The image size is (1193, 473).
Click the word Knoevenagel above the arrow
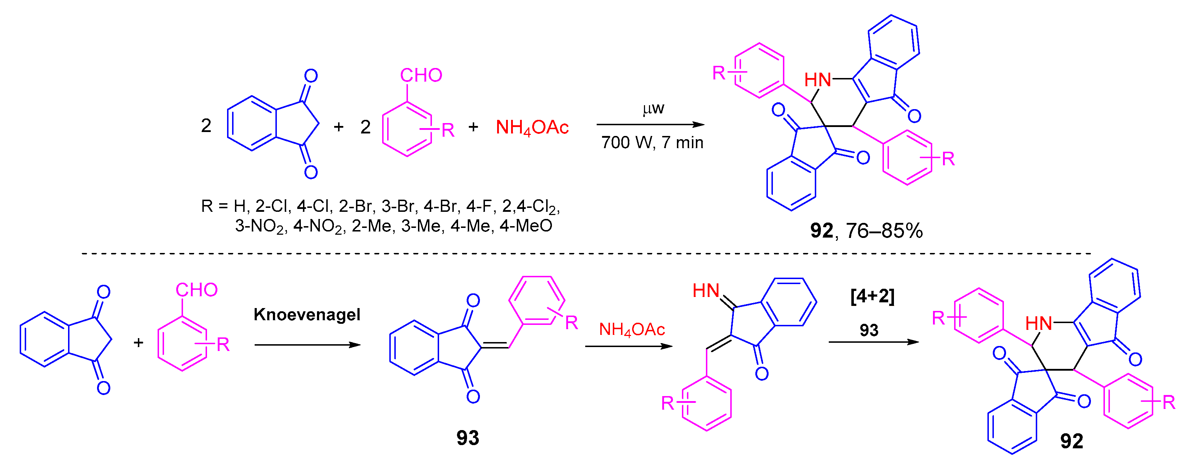pos(307,315)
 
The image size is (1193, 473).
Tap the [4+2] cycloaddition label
pos(872,296)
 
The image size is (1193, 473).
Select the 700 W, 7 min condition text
pos(652,142)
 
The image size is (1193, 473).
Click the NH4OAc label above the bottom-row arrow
pos(632,330)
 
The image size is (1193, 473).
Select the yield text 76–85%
pos(885,230)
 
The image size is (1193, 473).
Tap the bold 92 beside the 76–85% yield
pos(822,230)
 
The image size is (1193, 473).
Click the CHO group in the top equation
pos(421,75)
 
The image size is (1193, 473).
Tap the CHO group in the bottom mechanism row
pos(196,290)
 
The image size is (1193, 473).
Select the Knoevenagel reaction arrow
pos(308,345)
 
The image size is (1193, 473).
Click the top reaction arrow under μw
pos(650,125)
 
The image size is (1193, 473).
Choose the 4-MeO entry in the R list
pos(526,226)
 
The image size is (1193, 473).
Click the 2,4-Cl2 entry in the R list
pos(531,206)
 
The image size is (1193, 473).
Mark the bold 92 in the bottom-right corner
pos(1072,441)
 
